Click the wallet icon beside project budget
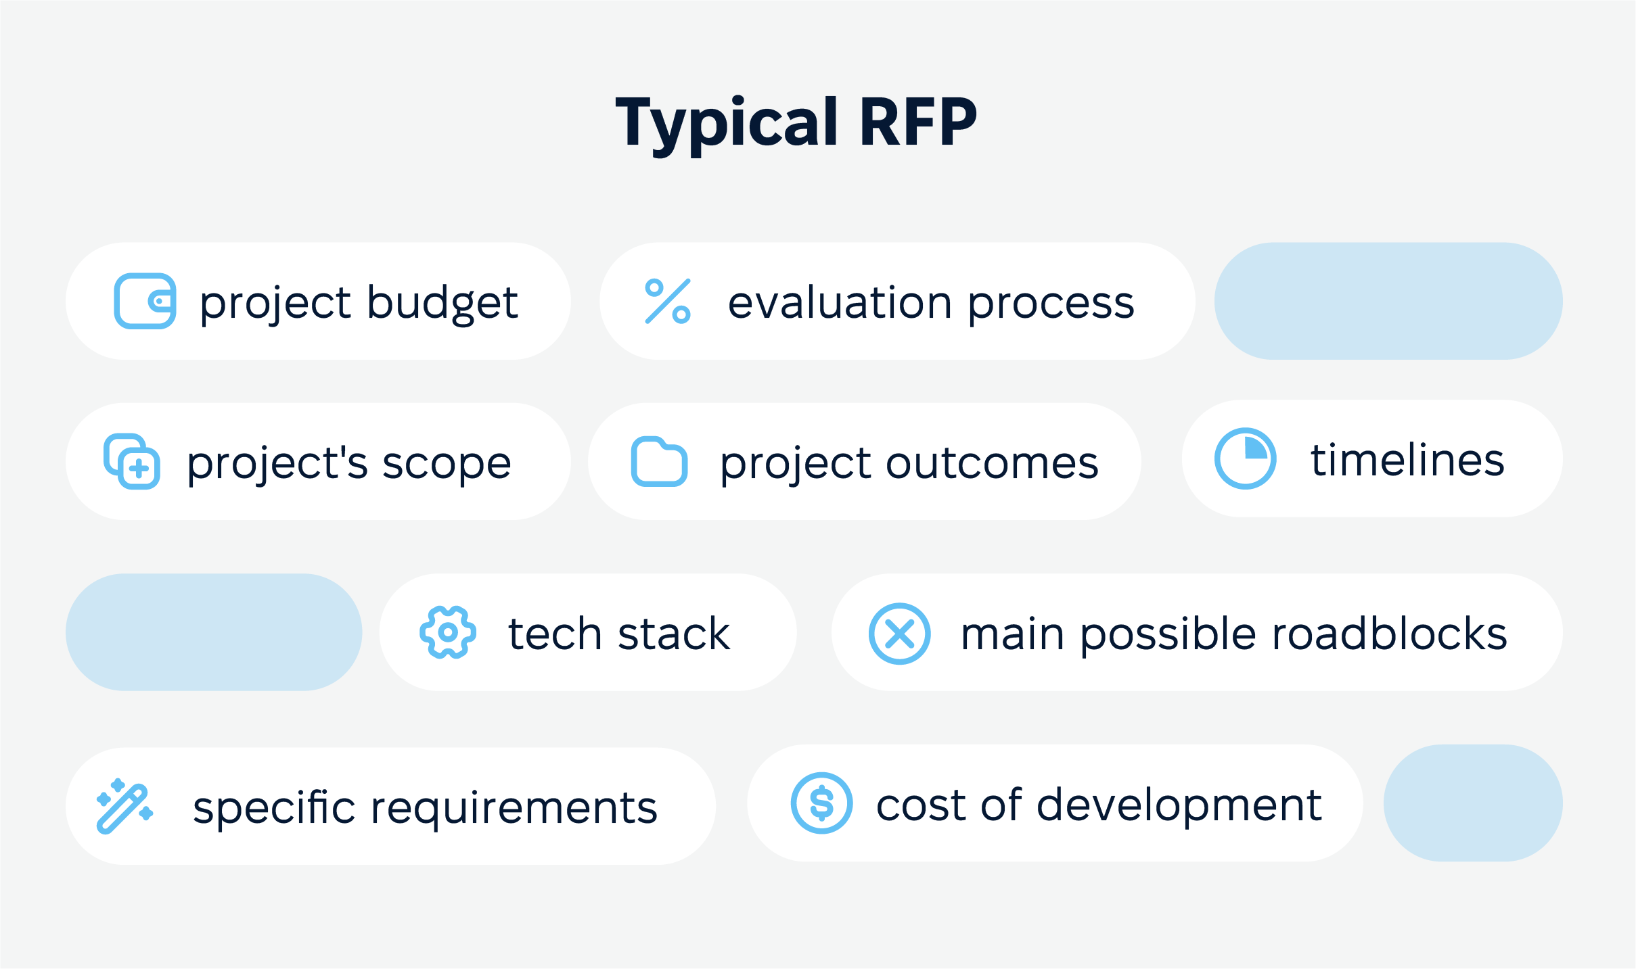(145, 301)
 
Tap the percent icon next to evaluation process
(668, 301)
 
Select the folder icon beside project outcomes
(659, 462)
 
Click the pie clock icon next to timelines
(1245, 458)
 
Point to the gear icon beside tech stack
(448, 632)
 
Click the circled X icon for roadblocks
(899, 634)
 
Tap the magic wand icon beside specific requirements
(124, 805)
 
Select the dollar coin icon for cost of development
(821, 803)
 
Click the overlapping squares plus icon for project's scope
(132, 461)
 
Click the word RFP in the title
(918, 122)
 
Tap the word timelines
(1407, 460)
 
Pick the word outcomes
(993, 464)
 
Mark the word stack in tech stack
(674, 634)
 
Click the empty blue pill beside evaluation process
(1388, 301)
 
